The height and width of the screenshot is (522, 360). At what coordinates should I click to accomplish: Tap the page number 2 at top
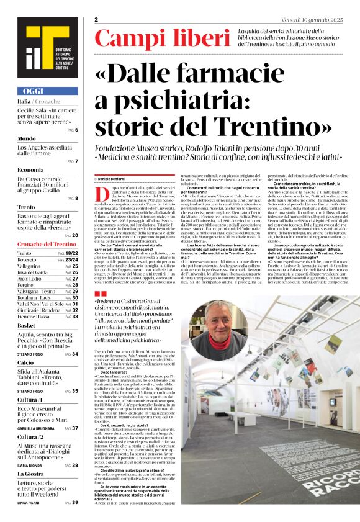(x=97, y=20)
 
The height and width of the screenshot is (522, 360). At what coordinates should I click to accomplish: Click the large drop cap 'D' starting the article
(x=103, y=196)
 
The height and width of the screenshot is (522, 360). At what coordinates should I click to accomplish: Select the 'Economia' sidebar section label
(x=30, y=169)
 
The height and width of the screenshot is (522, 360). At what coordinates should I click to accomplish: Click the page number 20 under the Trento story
(x=74, y=236)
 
